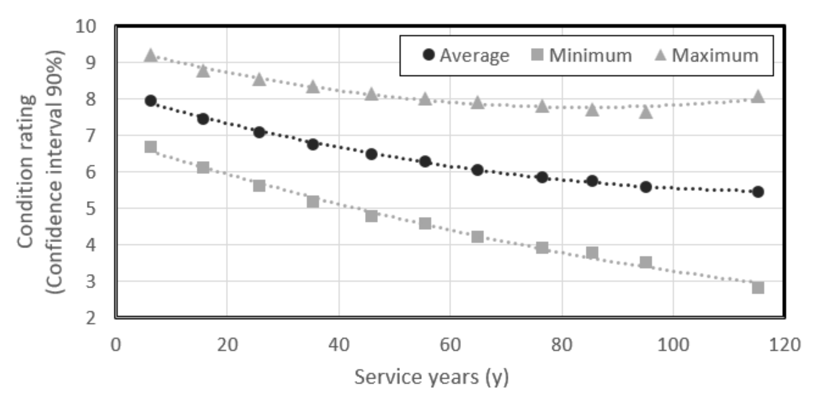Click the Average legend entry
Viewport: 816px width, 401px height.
point(466,55)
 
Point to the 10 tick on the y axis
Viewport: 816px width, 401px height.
point(86,26)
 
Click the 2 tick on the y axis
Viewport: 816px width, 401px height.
point(91,318)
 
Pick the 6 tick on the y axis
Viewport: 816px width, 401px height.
point(91,172)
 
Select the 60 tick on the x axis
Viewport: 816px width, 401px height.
point(450,345)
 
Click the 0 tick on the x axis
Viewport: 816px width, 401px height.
point(116,345)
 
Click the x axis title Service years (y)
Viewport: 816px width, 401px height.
point(431,377)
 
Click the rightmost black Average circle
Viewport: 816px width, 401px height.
point(758,192)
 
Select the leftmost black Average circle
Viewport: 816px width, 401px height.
point(151,101)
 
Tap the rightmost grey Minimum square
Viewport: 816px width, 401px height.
point(758,287)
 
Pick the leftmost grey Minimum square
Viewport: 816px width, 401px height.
point(151,147)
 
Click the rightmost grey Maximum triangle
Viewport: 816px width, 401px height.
point(758,97)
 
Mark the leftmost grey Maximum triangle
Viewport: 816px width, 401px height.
point(151,55)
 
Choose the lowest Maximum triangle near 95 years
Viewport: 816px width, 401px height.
point(646,113)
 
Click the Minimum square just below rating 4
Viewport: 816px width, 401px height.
point(542,247)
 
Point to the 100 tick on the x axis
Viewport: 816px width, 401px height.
point(673,345)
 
